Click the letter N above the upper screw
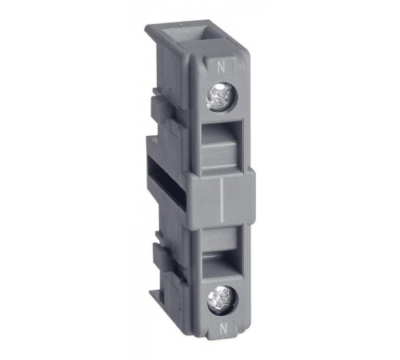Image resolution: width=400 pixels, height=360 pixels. (220, 67)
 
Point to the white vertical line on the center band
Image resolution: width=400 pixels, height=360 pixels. (222, 201)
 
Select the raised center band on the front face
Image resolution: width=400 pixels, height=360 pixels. (222, 200)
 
